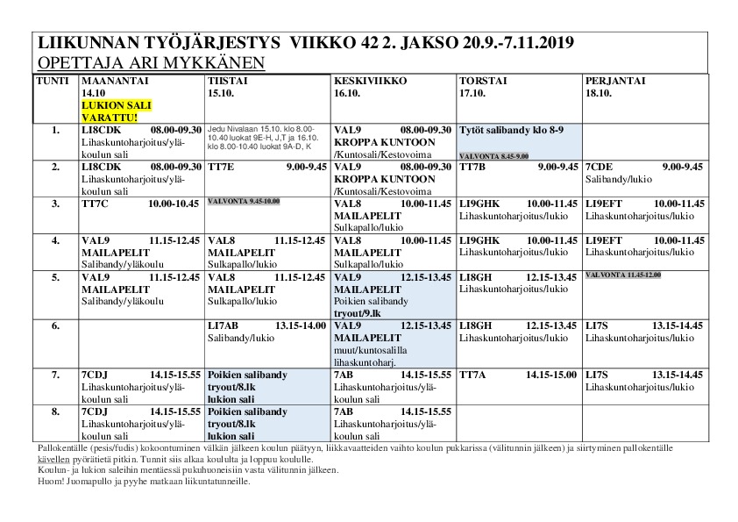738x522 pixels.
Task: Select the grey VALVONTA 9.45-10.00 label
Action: [x=243, y=202]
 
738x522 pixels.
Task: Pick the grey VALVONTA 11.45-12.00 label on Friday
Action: [x=623, y=275]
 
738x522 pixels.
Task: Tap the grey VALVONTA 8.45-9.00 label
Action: [x=493, y=155]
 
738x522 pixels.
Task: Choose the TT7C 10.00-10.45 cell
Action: [x=140, y=204]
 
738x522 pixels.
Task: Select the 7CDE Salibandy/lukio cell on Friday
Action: [x=644, y=172]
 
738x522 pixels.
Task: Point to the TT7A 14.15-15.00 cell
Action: [x=518, y=375]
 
